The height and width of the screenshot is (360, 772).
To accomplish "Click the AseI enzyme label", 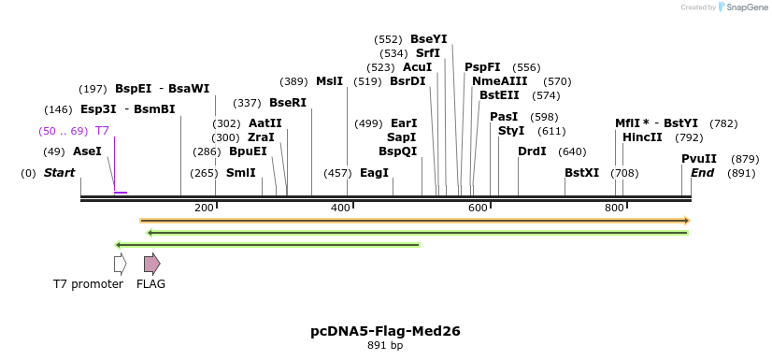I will tap(87, 151).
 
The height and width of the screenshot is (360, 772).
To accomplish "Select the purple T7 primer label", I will tap(102, 131).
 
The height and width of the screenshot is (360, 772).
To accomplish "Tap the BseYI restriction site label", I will tap(428, 39).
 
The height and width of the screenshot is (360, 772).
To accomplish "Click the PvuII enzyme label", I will tap(699, 159).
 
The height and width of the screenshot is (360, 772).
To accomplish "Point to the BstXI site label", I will tap(581, 173).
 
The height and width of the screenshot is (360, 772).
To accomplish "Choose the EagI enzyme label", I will tap(374, 173).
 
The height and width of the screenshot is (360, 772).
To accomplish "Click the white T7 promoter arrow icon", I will tap(120, 264).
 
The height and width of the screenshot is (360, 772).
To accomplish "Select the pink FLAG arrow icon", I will tap(151, 264).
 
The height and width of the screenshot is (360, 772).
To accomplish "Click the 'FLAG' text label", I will tap(150, 284).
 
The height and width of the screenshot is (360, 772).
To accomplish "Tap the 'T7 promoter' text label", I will tap(88, 284).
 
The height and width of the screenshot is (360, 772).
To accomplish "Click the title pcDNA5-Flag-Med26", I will tap(385, 331).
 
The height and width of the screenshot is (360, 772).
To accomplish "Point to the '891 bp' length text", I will tap(385, 346).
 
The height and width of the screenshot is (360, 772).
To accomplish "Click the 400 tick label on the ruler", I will tap(341, 208).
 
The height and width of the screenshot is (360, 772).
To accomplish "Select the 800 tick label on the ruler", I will tap(614, 208).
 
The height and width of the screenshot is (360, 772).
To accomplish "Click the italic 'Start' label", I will tap(59, 173).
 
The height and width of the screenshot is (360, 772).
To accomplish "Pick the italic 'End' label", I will tap(702, 173).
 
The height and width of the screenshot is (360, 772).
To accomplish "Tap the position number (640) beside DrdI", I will tap(572, 151).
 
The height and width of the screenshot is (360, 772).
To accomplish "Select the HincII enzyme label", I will tap(642, 137).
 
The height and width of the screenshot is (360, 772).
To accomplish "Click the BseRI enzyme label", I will tap(288, 103).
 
